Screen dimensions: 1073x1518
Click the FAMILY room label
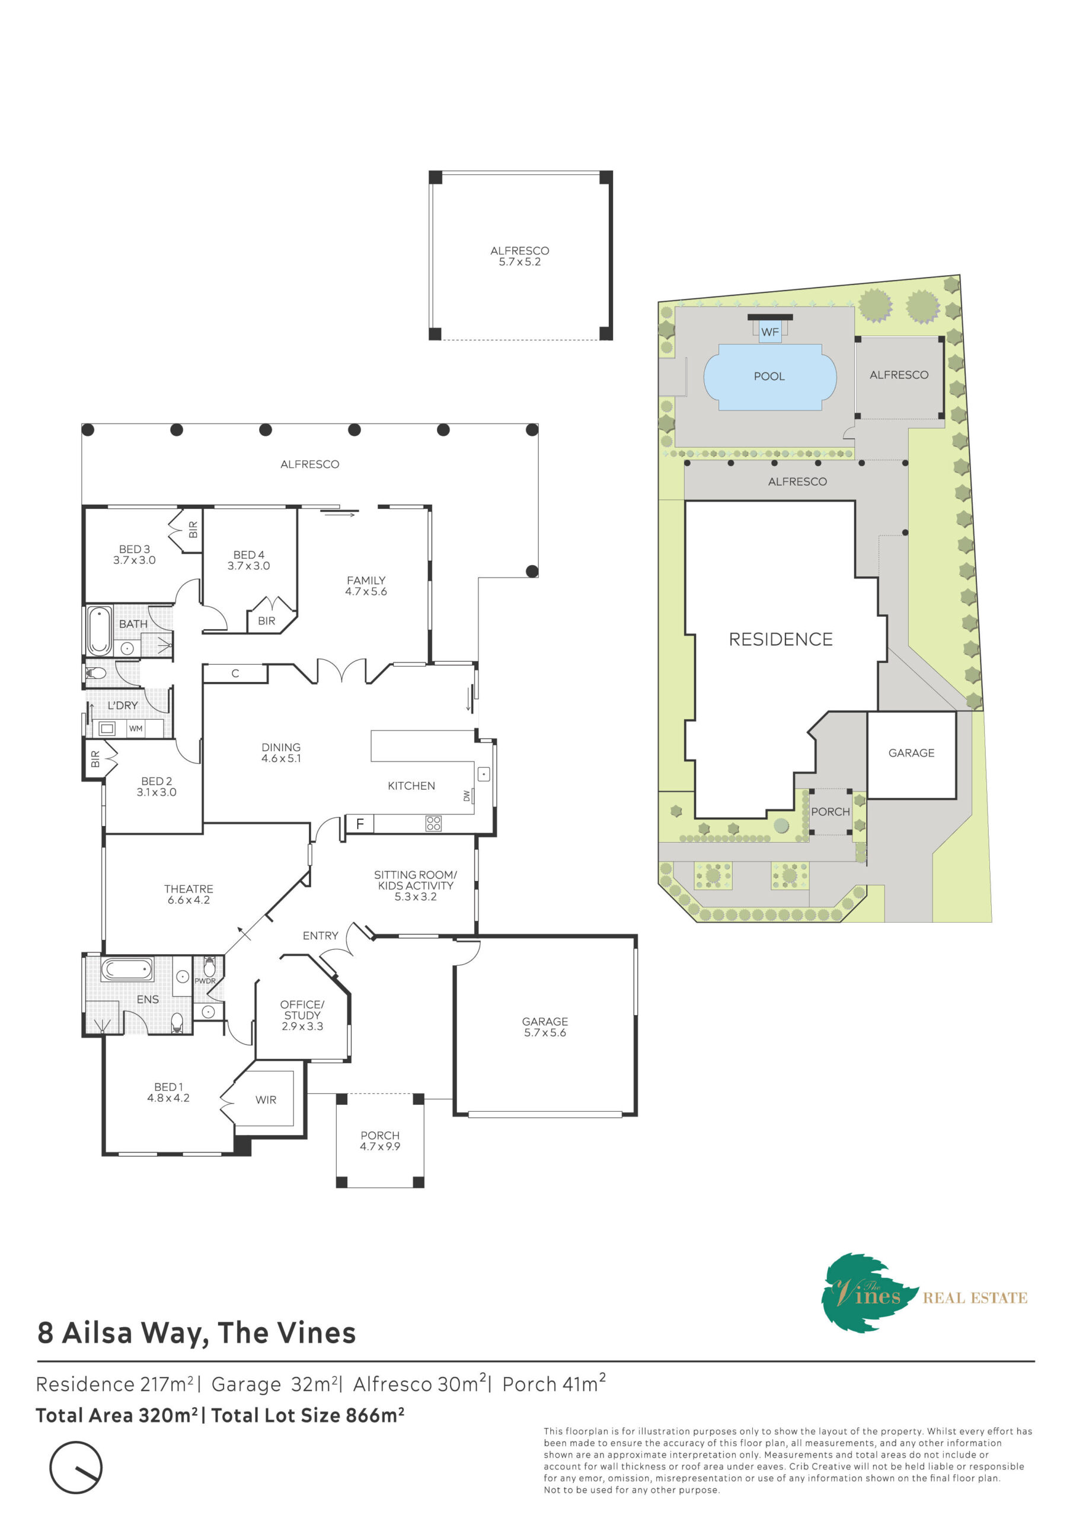366,585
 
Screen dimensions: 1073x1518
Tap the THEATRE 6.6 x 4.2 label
189,894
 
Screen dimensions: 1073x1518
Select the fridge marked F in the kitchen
360,823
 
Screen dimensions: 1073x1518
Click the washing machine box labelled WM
136,729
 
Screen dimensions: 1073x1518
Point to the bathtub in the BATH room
100,631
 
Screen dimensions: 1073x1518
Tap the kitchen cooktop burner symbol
433,823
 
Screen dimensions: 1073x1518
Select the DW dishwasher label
467,796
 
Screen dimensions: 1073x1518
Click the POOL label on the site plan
769,376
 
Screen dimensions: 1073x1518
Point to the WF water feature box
769,331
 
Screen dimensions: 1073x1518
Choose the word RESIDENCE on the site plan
780,639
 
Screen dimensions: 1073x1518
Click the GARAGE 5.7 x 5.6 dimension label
545,1027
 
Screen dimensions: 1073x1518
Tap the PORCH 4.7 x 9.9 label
379,1140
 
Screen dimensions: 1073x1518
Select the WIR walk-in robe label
266,1099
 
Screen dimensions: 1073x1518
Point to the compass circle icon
76,1467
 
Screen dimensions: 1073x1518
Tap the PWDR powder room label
205,981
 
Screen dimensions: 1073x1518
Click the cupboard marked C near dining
235,674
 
